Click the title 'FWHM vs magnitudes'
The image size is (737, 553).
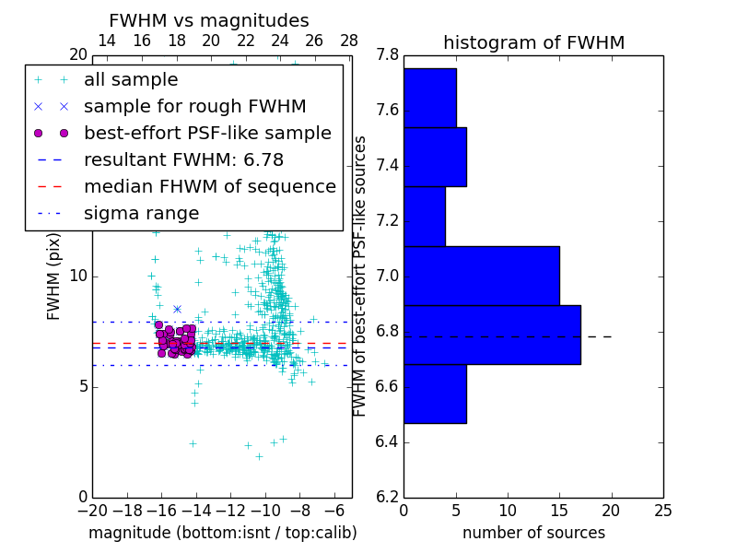coord(209,20)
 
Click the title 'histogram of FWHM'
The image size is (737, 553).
coord(533,42)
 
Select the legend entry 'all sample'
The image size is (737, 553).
coord(131,80)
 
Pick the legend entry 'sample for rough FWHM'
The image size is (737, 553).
coord(194,107)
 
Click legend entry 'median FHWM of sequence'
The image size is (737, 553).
coord(209,187)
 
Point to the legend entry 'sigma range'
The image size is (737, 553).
coord(141,214)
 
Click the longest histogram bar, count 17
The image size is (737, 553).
coord(492,335)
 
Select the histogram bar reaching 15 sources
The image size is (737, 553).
coord(481,276)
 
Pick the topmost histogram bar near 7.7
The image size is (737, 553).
coord(429,98)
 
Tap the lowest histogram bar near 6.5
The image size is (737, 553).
coord(435,394)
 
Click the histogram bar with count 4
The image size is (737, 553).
coord(425,217)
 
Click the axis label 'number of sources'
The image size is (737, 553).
coord(533,533)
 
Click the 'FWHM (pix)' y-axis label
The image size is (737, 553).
coord(54,276)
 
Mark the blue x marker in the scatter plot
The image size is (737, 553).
coord(177,309)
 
